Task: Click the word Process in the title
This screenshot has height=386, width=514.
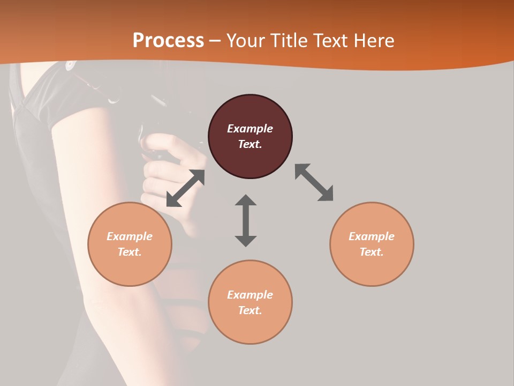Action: click(x=168, y=41)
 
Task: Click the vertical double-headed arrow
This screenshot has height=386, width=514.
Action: click(x=246, y=220)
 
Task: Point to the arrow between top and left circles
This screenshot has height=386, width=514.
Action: click(x=185, y=188)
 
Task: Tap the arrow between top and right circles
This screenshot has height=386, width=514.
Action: click(x=314, y=182)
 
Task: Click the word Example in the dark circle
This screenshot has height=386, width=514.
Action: click(x=250, y=129)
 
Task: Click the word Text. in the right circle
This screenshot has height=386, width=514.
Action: click(x=372, y=252)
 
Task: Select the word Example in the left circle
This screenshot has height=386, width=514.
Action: click(x=130, y=236)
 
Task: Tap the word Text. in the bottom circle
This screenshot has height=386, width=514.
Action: click(x=250, y=310)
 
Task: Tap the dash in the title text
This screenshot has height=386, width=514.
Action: click(x=215, y=41)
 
